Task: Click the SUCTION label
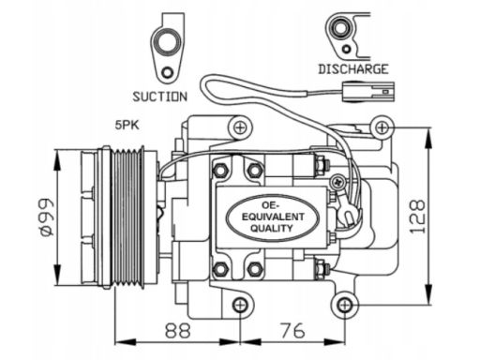pos(160,97)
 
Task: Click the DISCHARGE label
pos(353,69)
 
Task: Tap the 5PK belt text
pos(127,126)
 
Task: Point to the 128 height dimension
pos(417,217)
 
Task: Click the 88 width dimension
pos(177,330)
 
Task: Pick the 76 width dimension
pos(292,330)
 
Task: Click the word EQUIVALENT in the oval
pos(273,217)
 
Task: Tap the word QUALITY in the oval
pos(272,228)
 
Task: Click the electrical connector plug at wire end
pos(368,92)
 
